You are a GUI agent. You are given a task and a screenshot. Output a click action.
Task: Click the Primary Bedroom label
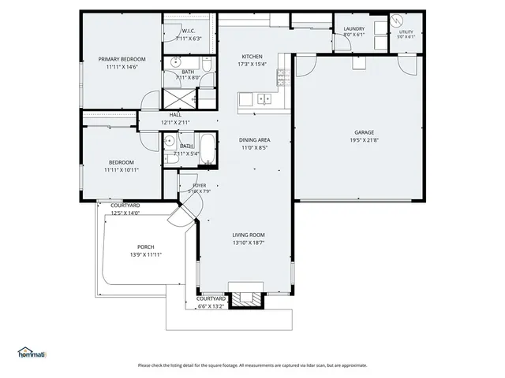tap(121, 59)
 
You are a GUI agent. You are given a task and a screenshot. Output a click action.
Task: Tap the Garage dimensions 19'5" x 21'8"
tap(365, 140)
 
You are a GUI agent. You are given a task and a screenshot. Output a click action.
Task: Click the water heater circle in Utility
tap(398, 20)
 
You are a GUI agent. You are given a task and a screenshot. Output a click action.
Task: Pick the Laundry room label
tap(354, 29)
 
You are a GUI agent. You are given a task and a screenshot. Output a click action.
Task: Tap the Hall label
tap(175, 115)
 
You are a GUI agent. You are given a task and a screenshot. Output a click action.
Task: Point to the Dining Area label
tap(254, 139)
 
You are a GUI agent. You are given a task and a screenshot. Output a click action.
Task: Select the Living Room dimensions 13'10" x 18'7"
tap(248, 243)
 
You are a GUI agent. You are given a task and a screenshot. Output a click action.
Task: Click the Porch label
tap(145, 246)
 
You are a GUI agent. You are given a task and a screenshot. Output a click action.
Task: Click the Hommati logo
tap(32, 352)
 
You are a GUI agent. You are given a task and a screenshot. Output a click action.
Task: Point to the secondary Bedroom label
tap(121, 162)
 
